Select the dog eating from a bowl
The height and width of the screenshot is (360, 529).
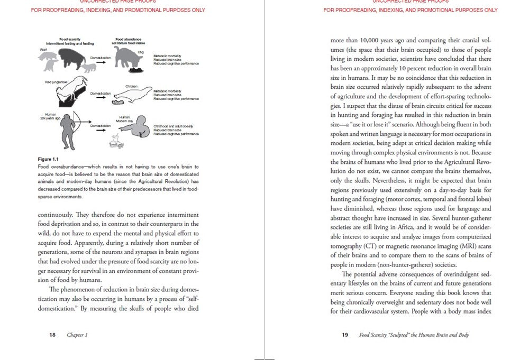[x=127, y=59]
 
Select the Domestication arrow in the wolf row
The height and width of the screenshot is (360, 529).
[x=101, y=62]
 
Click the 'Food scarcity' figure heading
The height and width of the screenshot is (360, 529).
[x=70, y=39]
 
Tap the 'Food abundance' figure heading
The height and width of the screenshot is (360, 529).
[x=127, y=39]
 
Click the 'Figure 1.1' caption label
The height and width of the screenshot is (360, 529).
[x=48, y=159]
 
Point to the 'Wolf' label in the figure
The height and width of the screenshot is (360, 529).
[x=43, y=49]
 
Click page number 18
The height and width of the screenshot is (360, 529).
[x=52, y=335]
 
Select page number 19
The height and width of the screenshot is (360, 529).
[x=345, y=335]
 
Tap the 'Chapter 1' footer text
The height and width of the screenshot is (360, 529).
[x=77, y=335]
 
